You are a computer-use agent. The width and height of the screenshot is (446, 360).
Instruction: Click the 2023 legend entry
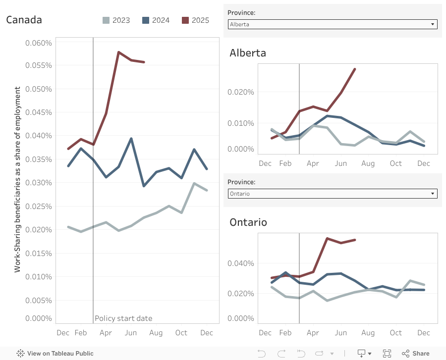tap(116, 20)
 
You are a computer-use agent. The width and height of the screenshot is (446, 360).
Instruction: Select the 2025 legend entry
tap(196, 20)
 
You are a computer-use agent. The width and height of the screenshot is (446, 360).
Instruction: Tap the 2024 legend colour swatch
tap(146, 20)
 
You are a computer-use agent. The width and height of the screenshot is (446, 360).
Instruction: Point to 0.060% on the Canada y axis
tap(39, 43)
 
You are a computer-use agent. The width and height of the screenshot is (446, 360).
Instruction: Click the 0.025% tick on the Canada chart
tap(39, 206)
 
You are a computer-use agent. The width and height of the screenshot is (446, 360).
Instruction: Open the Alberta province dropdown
tap(332, 24)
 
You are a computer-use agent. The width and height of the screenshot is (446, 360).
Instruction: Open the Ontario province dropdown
tap(332, 194)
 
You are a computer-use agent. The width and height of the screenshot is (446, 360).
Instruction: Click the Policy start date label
tap(123, 318)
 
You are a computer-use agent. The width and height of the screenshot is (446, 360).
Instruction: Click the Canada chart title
tap(24, 20)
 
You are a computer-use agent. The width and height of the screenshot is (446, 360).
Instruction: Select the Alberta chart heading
tap(248, 53)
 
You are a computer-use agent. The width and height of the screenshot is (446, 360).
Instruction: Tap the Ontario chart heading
tap(248, 222)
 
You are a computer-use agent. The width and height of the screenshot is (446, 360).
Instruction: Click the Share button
tap(416, 353)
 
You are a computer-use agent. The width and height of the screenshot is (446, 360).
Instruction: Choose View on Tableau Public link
tap(55, 354)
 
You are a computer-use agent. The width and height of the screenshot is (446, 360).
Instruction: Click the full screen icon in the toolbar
tap(387, 353)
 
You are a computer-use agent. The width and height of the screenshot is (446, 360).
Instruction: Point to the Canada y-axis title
tap(18, 179)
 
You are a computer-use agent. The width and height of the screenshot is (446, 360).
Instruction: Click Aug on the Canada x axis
tap(156, 333)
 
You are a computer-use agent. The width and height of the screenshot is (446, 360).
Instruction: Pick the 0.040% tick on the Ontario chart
tap(241, 263)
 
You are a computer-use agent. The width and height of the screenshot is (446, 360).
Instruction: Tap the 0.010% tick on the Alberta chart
tap(241, 123)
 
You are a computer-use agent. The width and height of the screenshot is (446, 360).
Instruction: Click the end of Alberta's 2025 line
tap(355, 69)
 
